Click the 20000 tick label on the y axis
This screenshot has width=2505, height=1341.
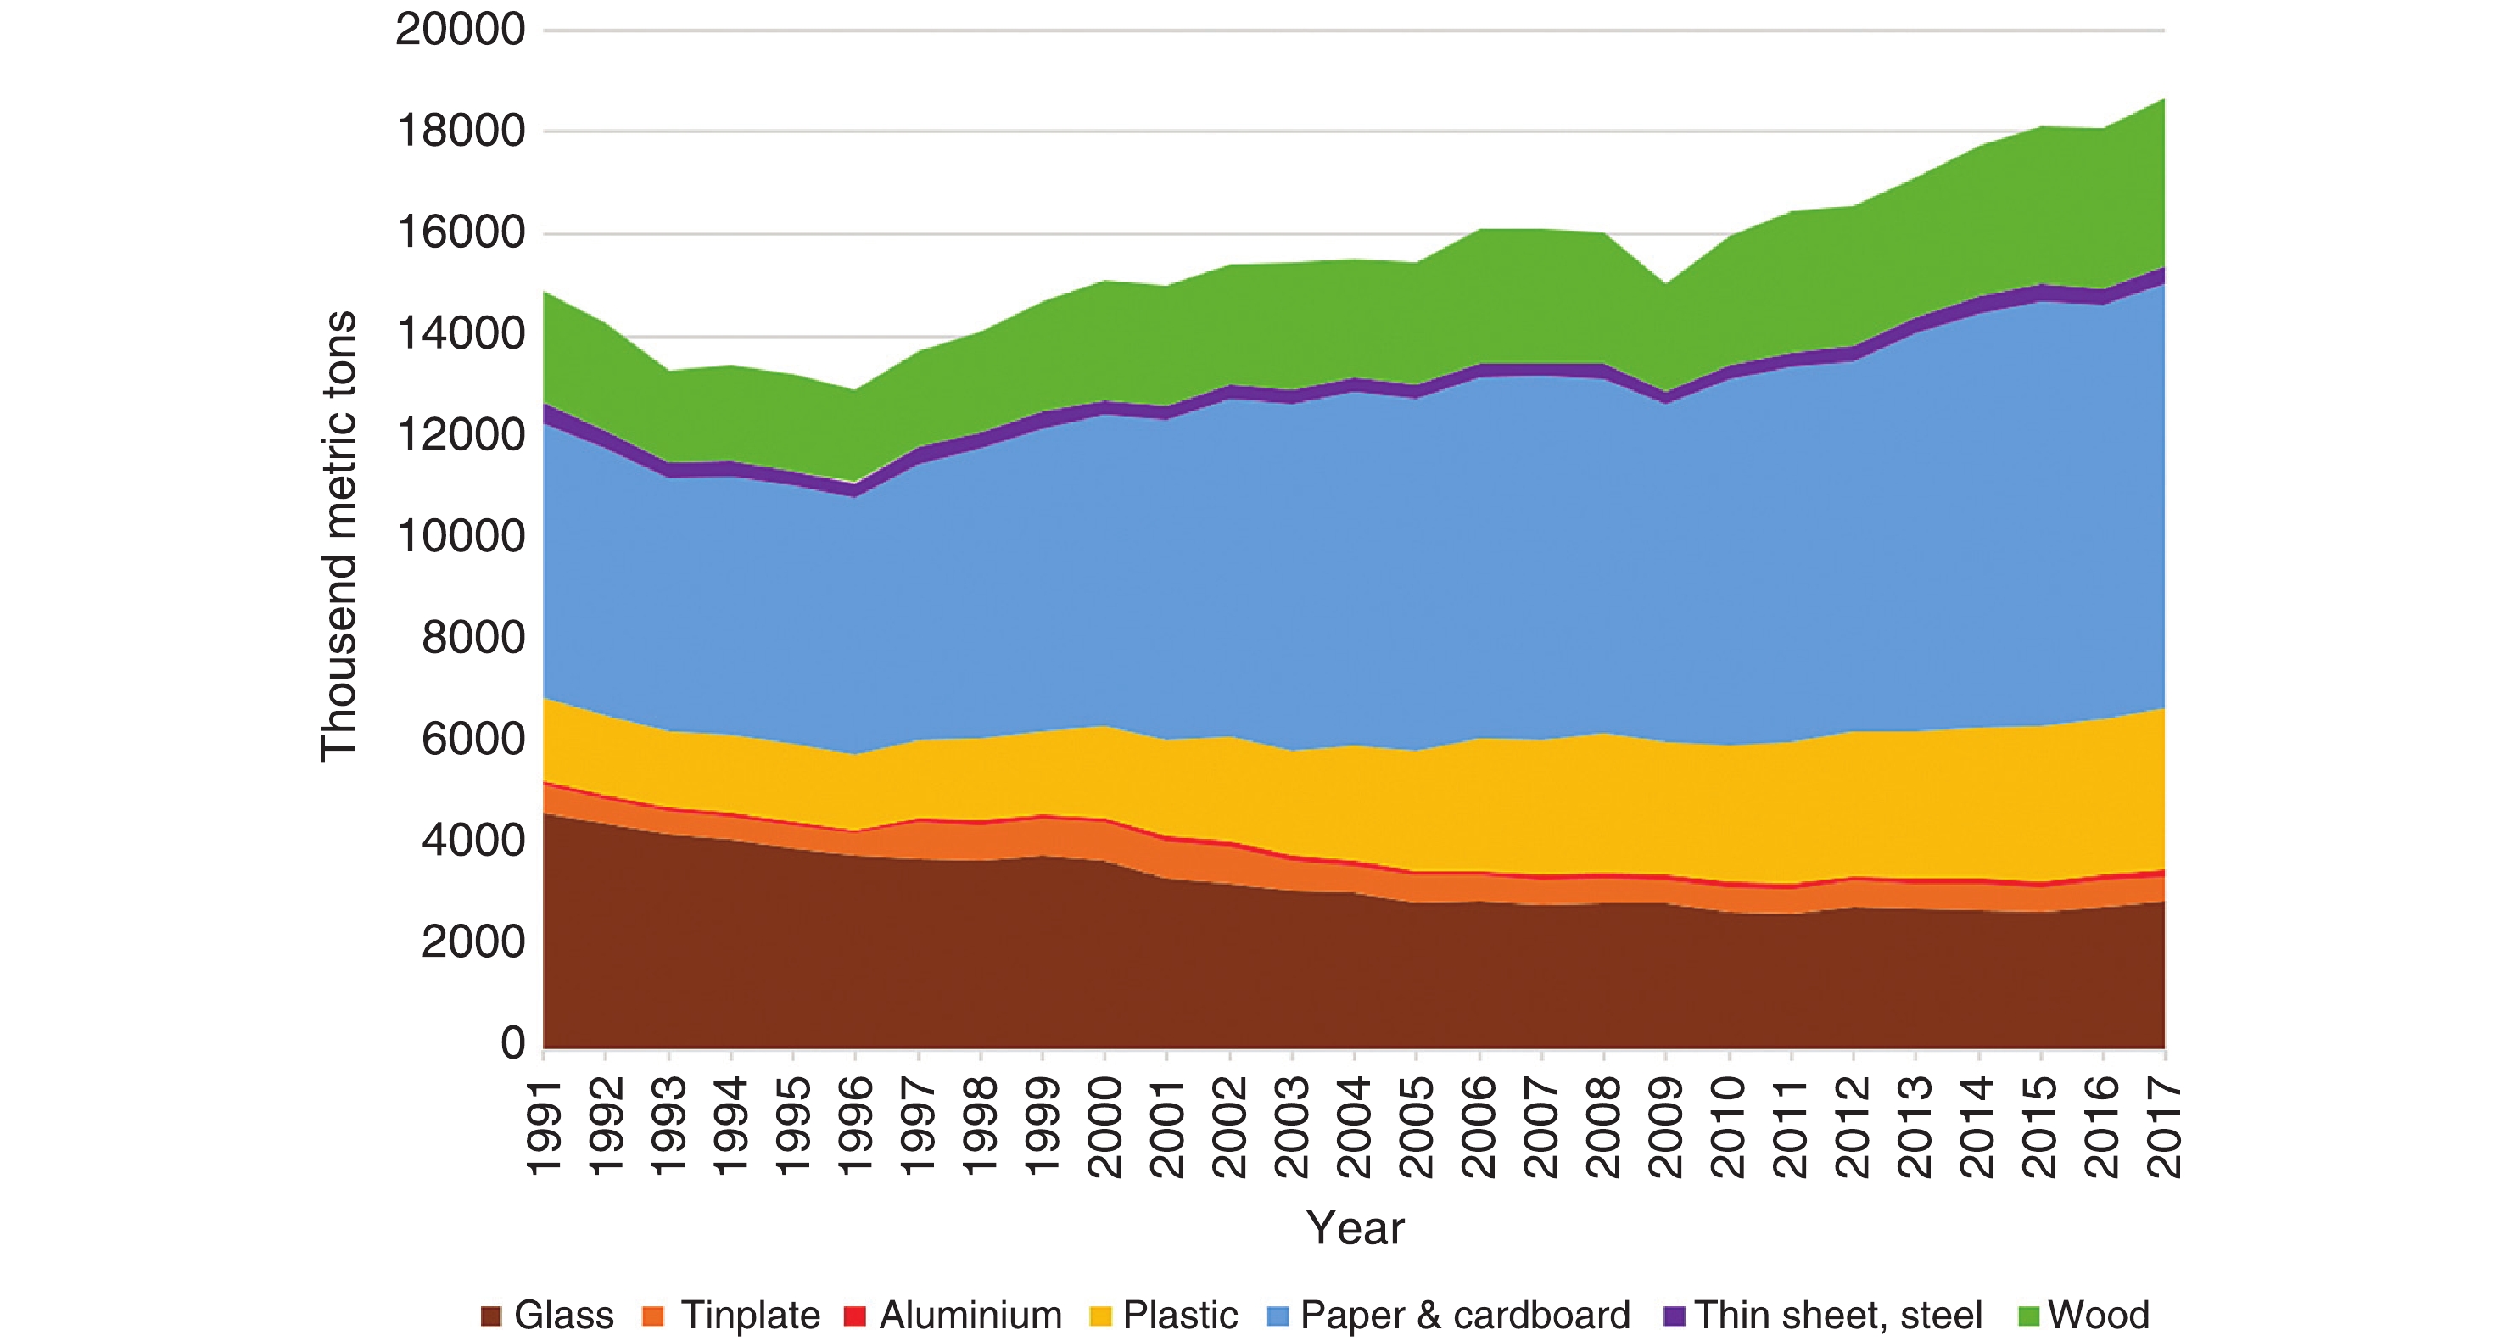click(460, 31)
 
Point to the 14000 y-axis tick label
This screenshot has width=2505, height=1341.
click(460, 334)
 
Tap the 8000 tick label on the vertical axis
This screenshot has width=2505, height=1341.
click(472, 639)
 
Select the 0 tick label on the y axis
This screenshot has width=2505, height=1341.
click(512, 1043)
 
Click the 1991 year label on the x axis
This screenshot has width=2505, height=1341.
click(545, 1128)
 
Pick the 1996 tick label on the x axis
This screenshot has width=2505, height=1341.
click(856, 1128)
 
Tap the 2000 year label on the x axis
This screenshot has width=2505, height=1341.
click(1105, 1128)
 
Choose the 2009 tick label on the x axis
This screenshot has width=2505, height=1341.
click(1667, 1128)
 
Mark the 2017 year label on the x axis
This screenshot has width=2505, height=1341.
click(2165, 1128)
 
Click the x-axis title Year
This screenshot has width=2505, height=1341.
click(1355, 1228)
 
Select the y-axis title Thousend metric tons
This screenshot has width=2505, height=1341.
click(338, 536)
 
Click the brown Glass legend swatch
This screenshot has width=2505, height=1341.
click(491, 1316)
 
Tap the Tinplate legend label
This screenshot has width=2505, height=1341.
click(750, 1316)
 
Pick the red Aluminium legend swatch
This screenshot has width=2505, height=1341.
click(855, 1316)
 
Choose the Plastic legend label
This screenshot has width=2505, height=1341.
click(1180, 1316)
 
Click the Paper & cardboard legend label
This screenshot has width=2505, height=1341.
click(1464, 1316)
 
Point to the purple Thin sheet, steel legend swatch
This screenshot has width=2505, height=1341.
click(1674, 1316)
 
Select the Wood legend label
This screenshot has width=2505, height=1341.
click(2099, 1316)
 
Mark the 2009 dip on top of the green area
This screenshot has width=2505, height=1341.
click(1667, 284)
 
